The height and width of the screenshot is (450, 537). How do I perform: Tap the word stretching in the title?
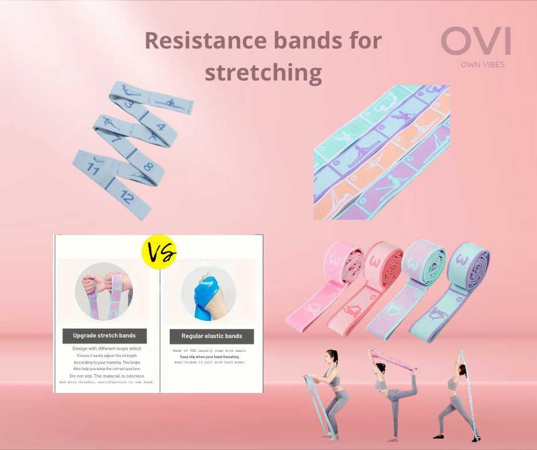[263, 73]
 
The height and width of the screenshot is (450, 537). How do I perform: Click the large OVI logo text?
[475, 42]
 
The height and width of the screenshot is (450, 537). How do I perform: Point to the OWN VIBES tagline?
[482, 65]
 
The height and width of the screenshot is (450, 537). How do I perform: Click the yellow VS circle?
[159, 252]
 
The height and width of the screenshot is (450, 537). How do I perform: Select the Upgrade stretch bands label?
[105, 335]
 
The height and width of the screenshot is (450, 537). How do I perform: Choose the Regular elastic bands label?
[211, 336]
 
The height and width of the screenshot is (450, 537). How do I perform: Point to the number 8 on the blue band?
[147, 166]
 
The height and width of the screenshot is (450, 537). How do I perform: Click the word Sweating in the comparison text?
[228, 357]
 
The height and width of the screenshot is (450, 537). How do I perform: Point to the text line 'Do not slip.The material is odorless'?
[107, 376]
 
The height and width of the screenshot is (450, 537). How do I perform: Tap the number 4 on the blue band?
[161, 127]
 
